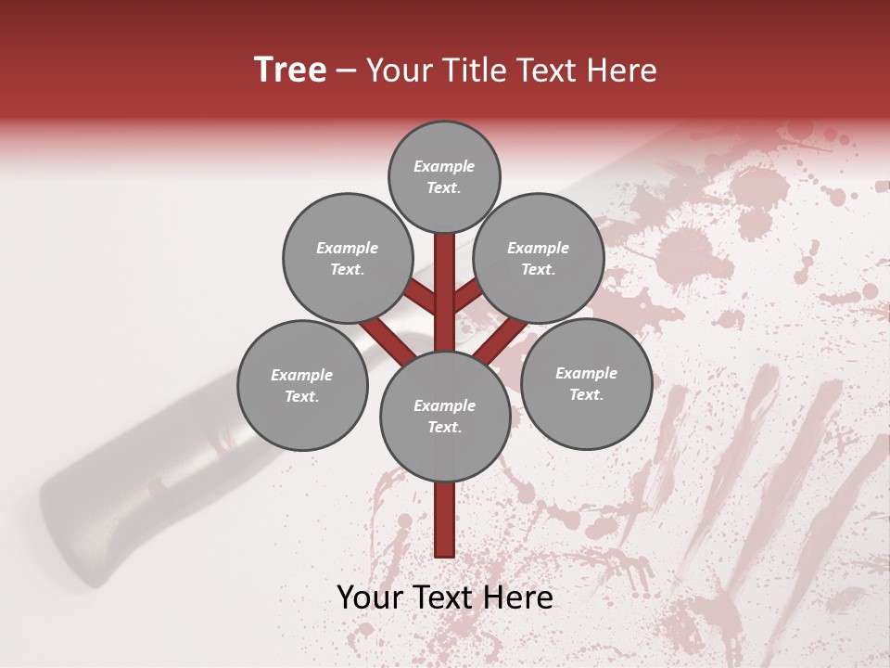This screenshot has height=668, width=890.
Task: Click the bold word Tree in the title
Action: [290, 71]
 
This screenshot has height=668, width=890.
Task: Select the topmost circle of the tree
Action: [444, 176]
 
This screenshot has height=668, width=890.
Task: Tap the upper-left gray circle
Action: [347, 259]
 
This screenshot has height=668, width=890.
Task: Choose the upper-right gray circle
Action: [539, 259]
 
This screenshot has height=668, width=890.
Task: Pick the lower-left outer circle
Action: [302, 385]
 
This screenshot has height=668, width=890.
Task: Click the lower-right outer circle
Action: [586, 383]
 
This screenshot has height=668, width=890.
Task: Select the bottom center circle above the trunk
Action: [444, 417]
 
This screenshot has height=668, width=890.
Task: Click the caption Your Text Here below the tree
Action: [444, 597]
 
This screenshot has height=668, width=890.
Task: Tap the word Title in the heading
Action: [474, 71]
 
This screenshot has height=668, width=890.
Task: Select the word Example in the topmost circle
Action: [444, 166]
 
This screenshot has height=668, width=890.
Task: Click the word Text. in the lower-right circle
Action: [586, 394]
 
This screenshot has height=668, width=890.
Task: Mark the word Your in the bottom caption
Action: [369, 597]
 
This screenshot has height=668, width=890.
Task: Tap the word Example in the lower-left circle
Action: [302, 375]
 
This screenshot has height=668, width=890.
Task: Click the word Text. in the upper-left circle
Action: [347, 269]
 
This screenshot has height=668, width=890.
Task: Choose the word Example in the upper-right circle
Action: [539, 248]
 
